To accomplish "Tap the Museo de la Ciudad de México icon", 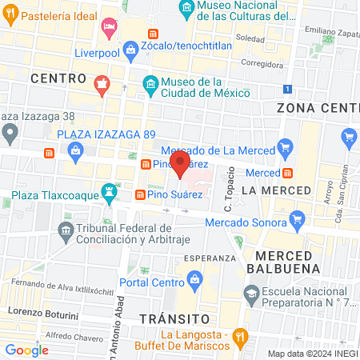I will coord(150,84).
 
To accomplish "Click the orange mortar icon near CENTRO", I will coord(102,82).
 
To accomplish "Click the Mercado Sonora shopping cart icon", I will coord(298,218).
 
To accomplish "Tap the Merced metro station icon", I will coord(286,173).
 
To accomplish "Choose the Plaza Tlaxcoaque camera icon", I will coord(106,194).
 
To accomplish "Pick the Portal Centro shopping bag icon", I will coord(194,279).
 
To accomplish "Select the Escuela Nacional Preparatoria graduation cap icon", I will coord(250,294).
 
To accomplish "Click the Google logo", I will coord(27,350).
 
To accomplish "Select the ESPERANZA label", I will coord(210,258).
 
